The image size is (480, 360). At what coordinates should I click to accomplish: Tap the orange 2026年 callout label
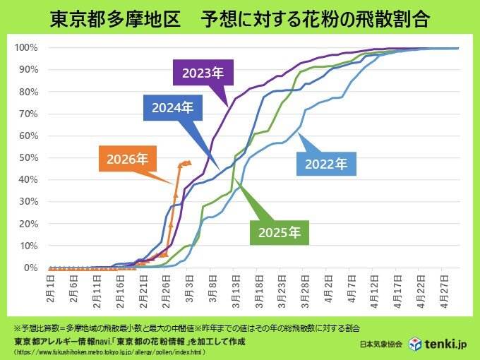point(128,159)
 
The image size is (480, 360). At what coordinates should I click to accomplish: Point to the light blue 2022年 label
point(326,164)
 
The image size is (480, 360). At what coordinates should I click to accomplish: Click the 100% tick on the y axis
point(27,47)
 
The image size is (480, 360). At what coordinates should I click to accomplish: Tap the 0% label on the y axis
point(31,268)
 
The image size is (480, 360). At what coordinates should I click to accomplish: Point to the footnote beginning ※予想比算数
point(169,329)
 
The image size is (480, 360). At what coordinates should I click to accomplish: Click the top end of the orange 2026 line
point(188,162)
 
